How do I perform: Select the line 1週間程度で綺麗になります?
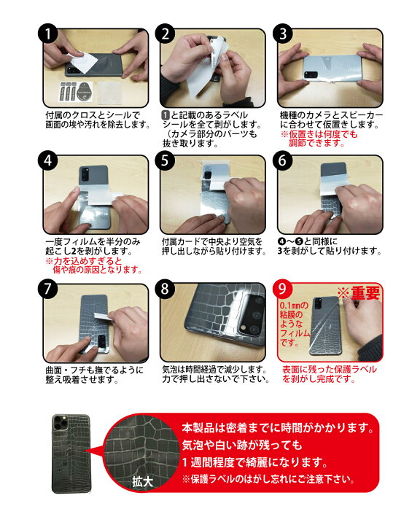pyautogui.click(x=253, y=462)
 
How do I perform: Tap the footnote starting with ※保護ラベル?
pyautogui.click(x=268, y=480)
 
